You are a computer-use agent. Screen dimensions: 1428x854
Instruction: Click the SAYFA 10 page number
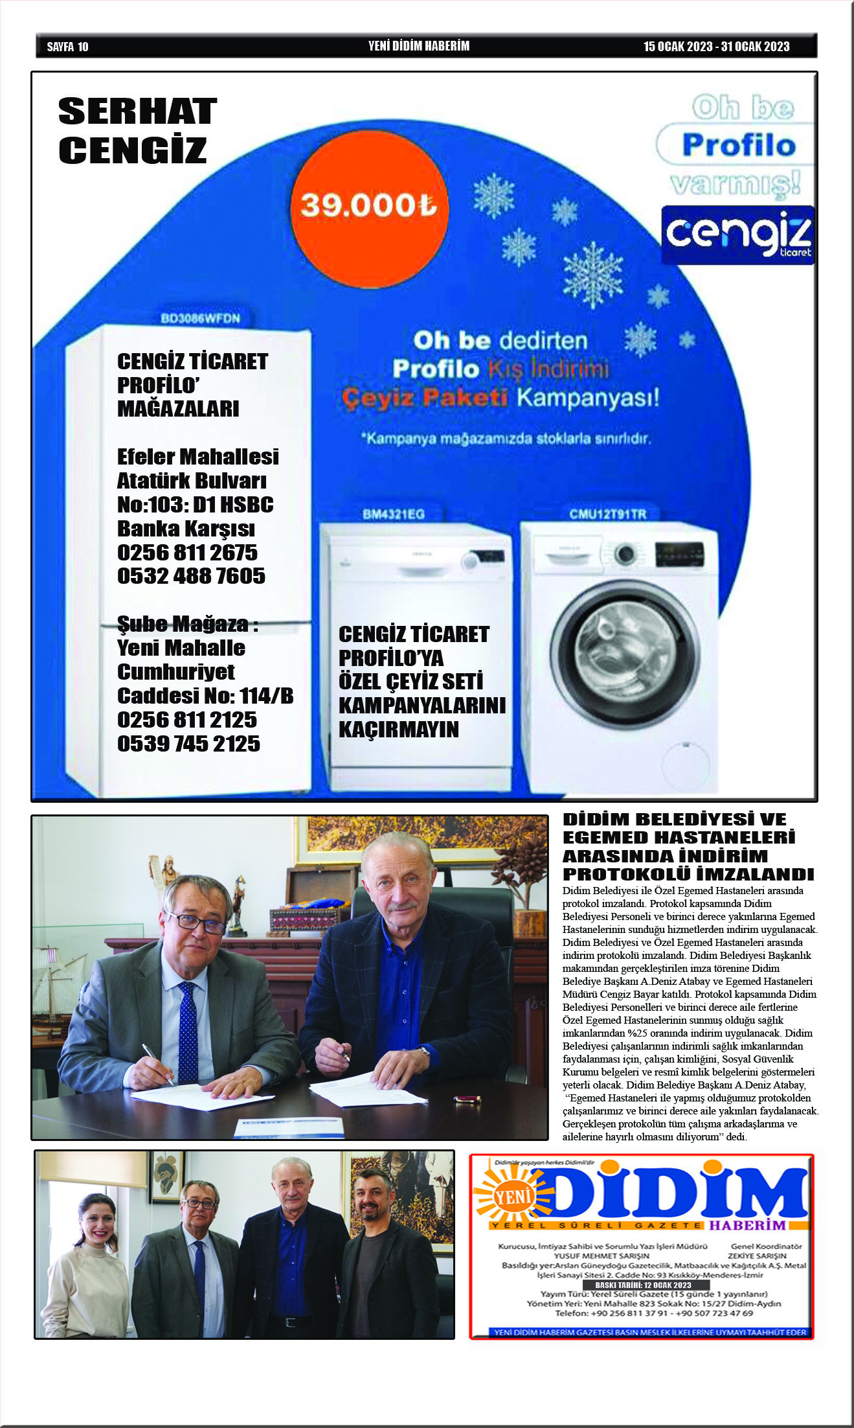pos(67,47)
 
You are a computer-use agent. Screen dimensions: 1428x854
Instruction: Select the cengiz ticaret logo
pos(737,235)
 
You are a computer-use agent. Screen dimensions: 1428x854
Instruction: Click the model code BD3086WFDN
pos(200,318)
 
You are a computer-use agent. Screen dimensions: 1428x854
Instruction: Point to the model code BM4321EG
pos(394,514)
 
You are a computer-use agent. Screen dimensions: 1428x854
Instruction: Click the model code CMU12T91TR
pos(607,514)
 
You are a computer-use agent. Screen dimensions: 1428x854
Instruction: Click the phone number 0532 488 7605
pos(191,576)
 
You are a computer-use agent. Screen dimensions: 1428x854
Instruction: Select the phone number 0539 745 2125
pos(188,744)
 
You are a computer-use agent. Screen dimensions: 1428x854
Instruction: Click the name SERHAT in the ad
pos(137,111)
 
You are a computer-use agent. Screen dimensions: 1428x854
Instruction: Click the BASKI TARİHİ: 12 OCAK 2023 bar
pos(642,1285)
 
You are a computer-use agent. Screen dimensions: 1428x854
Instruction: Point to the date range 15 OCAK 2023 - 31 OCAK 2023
pos(716,47)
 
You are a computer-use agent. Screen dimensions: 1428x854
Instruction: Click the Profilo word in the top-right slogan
pos(738,144)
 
